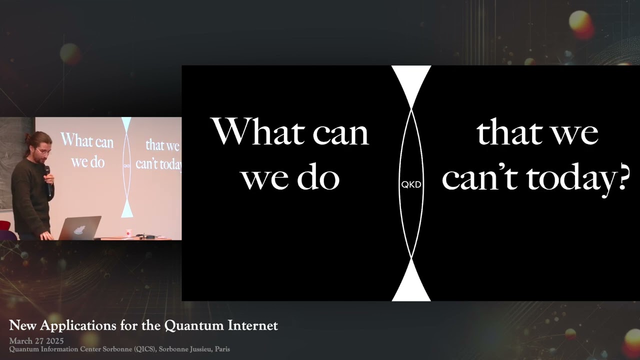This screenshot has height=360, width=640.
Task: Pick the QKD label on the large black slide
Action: [411, 184]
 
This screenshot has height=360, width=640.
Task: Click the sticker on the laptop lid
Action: [78, 229]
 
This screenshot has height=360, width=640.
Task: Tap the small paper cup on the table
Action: [128, 233]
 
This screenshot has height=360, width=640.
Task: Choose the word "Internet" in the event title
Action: [252, 326]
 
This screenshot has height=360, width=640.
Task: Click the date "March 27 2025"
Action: [36, 341]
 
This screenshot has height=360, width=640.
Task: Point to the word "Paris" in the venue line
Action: [222, 349]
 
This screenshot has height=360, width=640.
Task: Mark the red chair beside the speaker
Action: [6, 230]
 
